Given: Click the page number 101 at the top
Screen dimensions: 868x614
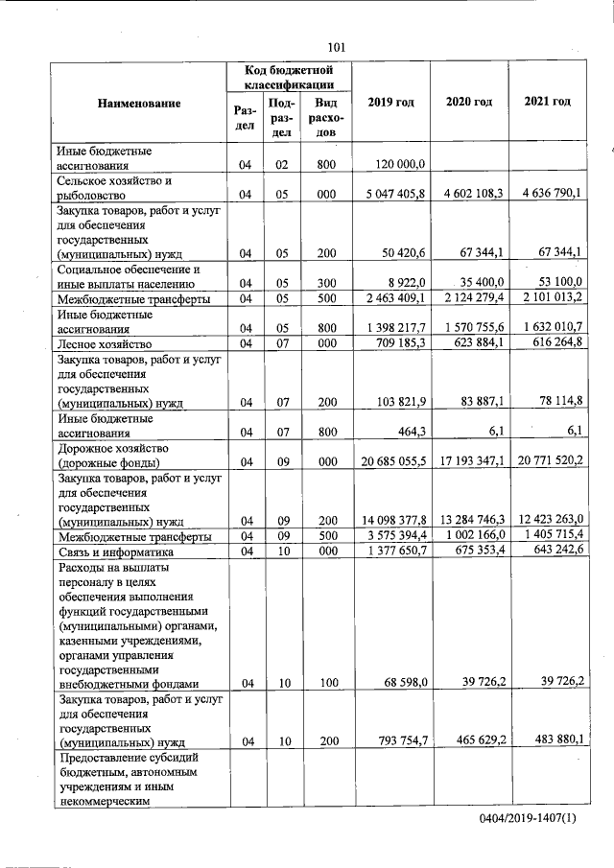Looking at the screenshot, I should (x=336, y=46).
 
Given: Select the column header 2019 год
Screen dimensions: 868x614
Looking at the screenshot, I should (x=390, y=102).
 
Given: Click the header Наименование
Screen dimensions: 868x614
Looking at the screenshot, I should (x=138, y=102).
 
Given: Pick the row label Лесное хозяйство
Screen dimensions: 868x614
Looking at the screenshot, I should (x=105, y=343).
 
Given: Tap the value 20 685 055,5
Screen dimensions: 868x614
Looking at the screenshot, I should (x=392, y=461).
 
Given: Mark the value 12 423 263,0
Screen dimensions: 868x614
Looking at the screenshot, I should (x=548, y=520).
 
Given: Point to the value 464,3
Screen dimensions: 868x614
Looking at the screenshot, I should (x=421, y=432).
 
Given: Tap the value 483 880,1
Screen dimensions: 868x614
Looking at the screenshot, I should (x=553, y=740).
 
